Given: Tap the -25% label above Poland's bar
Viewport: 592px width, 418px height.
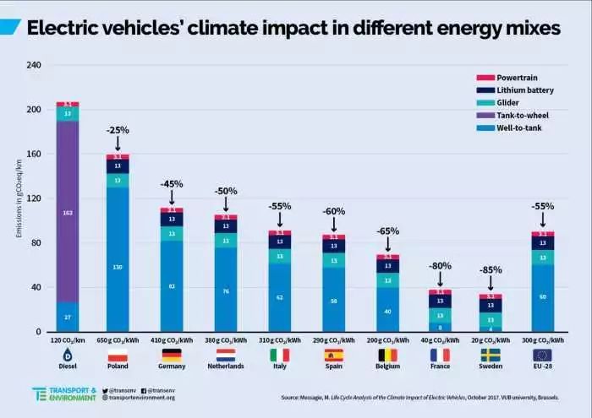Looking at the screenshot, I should pos(117,130).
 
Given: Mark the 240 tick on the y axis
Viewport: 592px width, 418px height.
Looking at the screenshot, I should pos(34,65).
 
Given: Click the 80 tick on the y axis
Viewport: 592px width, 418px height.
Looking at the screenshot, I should pos(36,243).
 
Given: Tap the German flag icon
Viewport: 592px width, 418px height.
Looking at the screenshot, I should pos(171,355).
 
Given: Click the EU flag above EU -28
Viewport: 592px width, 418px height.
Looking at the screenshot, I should pos(543,355).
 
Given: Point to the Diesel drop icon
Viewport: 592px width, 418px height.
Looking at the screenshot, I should pos(68,355).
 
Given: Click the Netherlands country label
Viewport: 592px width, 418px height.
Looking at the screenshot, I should pos(225,366).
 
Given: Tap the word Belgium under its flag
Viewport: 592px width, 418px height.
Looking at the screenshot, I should pos(388,366).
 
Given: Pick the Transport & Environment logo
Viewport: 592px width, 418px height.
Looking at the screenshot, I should pos(63,394).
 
